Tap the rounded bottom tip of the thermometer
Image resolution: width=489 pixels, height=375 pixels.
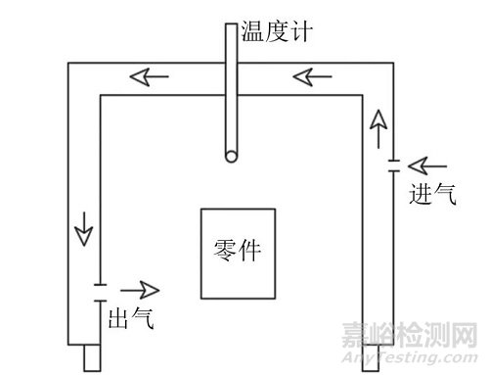tap(230, 157)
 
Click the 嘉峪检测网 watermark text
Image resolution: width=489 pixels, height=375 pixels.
tap(405, 334)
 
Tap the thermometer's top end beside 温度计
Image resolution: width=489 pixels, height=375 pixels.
tap(230, 23)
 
